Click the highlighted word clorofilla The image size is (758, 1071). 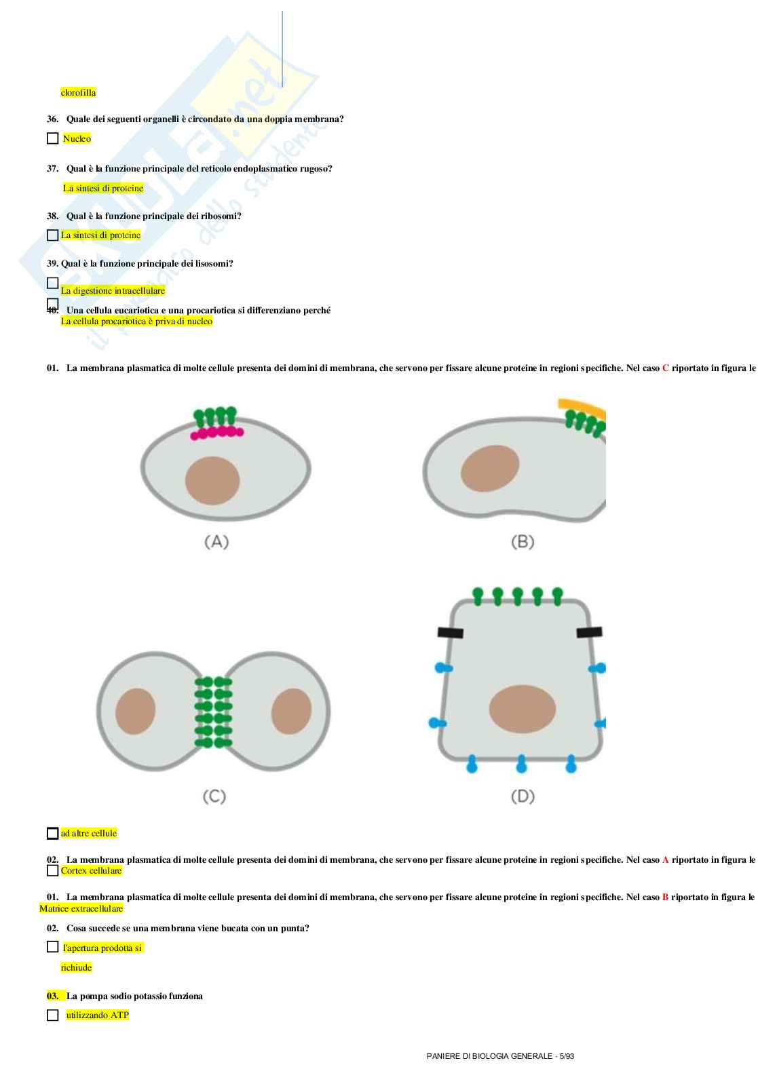pyautogui.click(x=78, y=92)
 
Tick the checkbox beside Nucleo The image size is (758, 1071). pyautogui.click(x=53, y=138)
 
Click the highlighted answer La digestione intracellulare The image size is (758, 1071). pyautogui.click(x=113, y=290)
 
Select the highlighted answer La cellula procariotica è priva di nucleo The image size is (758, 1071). pyautogui.click(x=136, y=321)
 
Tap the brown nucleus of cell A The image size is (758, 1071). pyautogui.click(x=212, y=481)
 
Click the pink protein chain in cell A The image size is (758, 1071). pyautogui.click(x=217, y=432)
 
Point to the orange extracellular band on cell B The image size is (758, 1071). pyautogui.click(x=582, y=409)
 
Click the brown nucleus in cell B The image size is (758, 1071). pyautogui.click(x=490, y=468)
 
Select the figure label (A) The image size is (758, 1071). pyautogui.click(x=216, y=541)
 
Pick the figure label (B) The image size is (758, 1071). pyautogui.click(x=523, y=541)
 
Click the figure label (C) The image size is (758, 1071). pyautogui.click(x=214, y=796)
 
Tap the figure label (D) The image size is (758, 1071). pyautogui.click(x=523, y=796)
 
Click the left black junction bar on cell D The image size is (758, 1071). pyautogui.click(x=451, y=633)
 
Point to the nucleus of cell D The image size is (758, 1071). pyautogui.click(x=522, y=709)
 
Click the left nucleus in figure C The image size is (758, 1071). pyautogui.click(x=136, y=712)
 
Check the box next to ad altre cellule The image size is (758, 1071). pyautogui.click(x=53, y=833)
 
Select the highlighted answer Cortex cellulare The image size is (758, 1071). pyautogui.click(x=91, y=870)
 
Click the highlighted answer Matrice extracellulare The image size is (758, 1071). pyautogui.click(x=81, y=908)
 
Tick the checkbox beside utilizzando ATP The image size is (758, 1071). pyautogui.click(x=53, y=1015)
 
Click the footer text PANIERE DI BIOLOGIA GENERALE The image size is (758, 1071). pyautogui.click(x=489, y=1056)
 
